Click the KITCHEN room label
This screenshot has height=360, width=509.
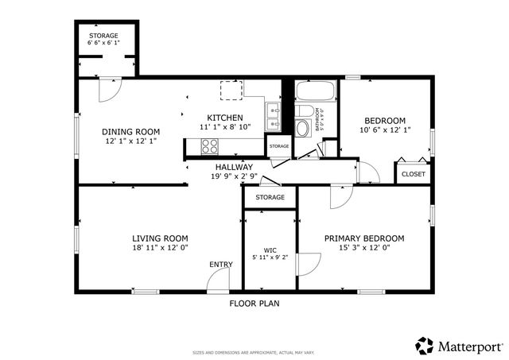tap(225, 117)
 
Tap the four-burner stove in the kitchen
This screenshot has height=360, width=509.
tap(211, 145)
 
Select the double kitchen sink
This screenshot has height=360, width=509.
tap(274, 117)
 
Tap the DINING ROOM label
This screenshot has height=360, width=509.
tap(131, 132)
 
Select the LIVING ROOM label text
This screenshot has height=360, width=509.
tap(160, 238)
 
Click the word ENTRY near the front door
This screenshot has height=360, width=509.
tap(221, 265)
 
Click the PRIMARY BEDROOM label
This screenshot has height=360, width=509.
tap(363, 238)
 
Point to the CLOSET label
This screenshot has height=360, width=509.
tap(413, 174)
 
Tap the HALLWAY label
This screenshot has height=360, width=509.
tap(234, 167)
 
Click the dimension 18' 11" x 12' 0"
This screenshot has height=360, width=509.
tap(160, 248)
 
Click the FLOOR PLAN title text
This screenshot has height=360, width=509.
tap(254, 303)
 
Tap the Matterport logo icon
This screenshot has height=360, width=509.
tap(425, 345)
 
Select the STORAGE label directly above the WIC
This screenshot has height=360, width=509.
tap(270, 197)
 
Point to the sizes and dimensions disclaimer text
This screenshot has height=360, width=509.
tap(254, 352)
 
